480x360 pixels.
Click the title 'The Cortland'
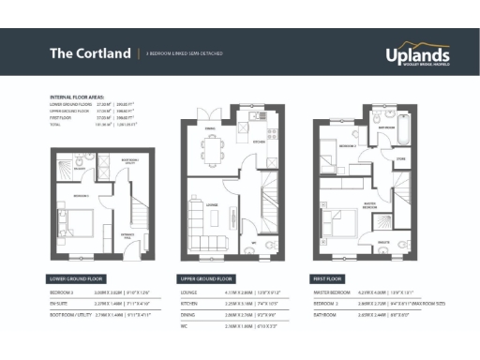pos(90,53)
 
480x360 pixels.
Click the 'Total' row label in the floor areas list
pos(57,123)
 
